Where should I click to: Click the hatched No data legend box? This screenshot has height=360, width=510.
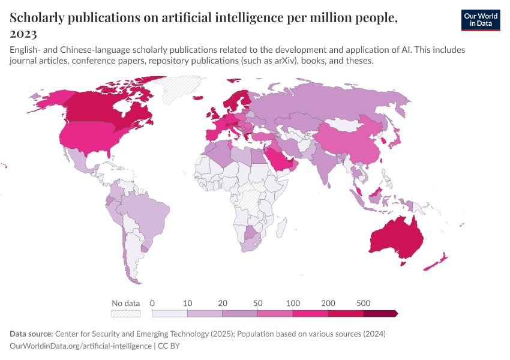[125, 313]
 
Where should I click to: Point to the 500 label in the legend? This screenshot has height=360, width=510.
[363, 303]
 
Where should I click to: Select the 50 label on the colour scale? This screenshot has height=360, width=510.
[257, 303]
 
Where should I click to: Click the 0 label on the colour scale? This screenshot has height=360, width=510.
[152, 303]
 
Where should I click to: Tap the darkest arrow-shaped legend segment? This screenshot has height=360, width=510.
[380, 313]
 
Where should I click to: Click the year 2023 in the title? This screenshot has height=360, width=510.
[23, 34]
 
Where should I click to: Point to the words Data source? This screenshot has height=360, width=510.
[31, 334]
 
